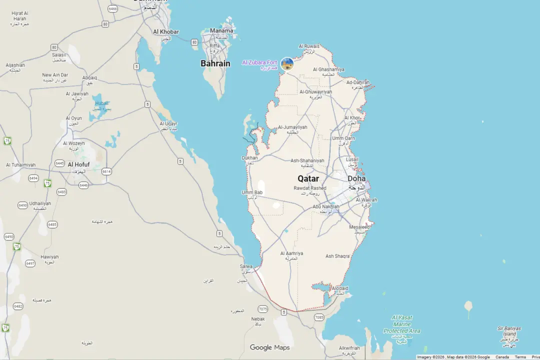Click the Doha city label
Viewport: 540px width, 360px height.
356,178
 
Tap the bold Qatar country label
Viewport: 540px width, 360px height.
308,178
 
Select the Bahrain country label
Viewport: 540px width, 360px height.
215,63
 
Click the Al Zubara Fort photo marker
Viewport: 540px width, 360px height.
287,64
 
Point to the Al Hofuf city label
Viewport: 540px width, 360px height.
78,164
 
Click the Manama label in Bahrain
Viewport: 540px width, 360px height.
221,30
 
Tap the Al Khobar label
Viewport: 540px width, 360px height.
165,32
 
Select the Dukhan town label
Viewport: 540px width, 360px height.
249,158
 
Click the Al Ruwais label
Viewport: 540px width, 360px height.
309,46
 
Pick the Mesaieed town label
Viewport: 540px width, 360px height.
359,227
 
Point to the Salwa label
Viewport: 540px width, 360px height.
246,266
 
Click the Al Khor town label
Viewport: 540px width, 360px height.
352,118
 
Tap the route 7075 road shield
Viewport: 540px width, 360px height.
263,309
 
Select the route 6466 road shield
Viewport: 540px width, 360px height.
113,9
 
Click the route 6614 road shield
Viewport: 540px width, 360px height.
106,171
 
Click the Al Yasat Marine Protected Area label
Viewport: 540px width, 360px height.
401,324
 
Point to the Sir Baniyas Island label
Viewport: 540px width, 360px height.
509,331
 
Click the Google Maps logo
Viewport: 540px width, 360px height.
269,347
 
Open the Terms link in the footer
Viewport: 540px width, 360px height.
520,357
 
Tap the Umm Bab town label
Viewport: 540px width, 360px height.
252,192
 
